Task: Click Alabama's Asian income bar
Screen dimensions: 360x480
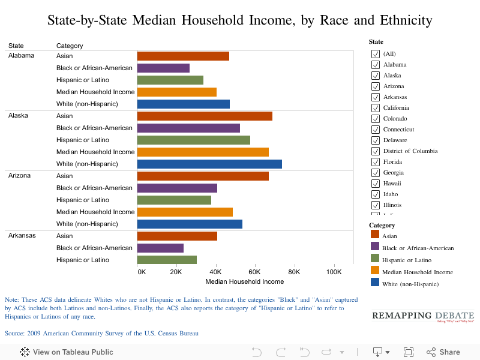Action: click(x=183, y=56)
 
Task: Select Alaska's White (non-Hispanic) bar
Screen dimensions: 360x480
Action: click(x=209, y=164)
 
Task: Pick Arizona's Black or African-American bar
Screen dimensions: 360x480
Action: click(x=177, y=188)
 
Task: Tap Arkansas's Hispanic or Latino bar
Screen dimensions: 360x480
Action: click(x=167, y=260)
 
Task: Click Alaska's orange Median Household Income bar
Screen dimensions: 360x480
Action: click(x=203, y=152)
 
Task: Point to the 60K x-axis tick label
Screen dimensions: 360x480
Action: click(x=255, y=272)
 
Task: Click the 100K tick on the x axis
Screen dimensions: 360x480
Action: click(x=333, y=272)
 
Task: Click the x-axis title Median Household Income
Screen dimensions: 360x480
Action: click(x=244, y=281)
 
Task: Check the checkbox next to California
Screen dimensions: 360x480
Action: click(x=376, y=108)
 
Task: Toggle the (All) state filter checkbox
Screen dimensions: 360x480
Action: click(x=376, y=54)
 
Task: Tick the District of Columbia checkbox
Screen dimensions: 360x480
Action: click(x=376, y=151)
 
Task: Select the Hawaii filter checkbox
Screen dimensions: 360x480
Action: click(x=376, y=184)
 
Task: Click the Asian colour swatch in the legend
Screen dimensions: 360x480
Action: click(x=375, y=235)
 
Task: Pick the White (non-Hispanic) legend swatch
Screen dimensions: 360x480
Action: click(x=375, y=283)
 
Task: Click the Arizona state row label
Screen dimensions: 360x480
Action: click(x=19, y=176)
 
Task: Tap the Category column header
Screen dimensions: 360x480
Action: click(x=70, y=46)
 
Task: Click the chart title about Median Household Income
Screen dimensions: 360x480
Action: click(x=240, y=20)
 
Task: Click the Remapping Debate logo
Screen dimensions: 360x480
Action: click(x=423, y=316)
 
